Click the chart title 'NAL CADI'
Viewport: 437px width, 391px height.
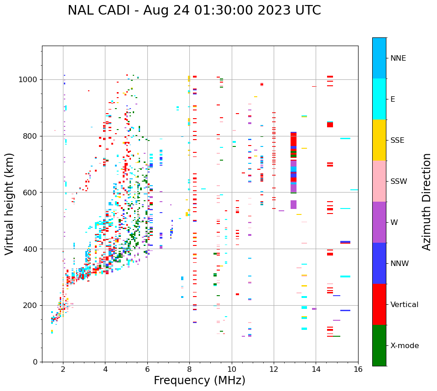tap(99, 10)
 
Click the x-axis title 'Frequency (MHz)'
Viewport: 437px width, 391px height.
tap(199, 381)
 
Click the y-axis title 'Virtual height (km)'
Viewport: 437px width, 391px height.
tap(10, 204)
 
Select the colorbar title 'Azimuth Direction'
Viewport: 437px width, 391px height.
tap(427, 202)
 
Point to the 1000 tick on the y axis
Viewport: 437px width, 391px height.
tap(30, 80)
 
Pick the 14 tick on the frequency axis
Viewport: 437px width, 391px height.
tap(316, 369)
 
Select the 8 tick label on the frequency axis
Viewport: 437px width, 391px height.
tap(189, 369)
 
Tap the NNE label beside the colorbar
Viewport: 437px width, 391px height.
tap(398, 58)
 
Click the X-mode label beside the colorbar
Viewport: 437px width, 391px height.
tap(404, 346)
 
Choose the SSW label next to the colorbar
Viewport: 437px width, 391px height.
tap(399, 182)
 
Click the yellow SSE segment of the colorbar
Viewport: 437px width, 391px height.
tap(379, 140)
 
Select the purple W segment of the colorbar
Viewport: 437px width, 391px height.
tap(379, 222)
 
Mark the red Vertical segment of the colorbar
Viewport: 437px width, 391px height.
tap(379, 304)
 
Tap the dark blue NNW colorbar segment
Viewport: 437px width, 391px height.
tap(379, 263)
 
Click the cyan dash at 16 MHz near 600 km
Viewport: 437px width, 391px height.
tap(354, 190)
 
